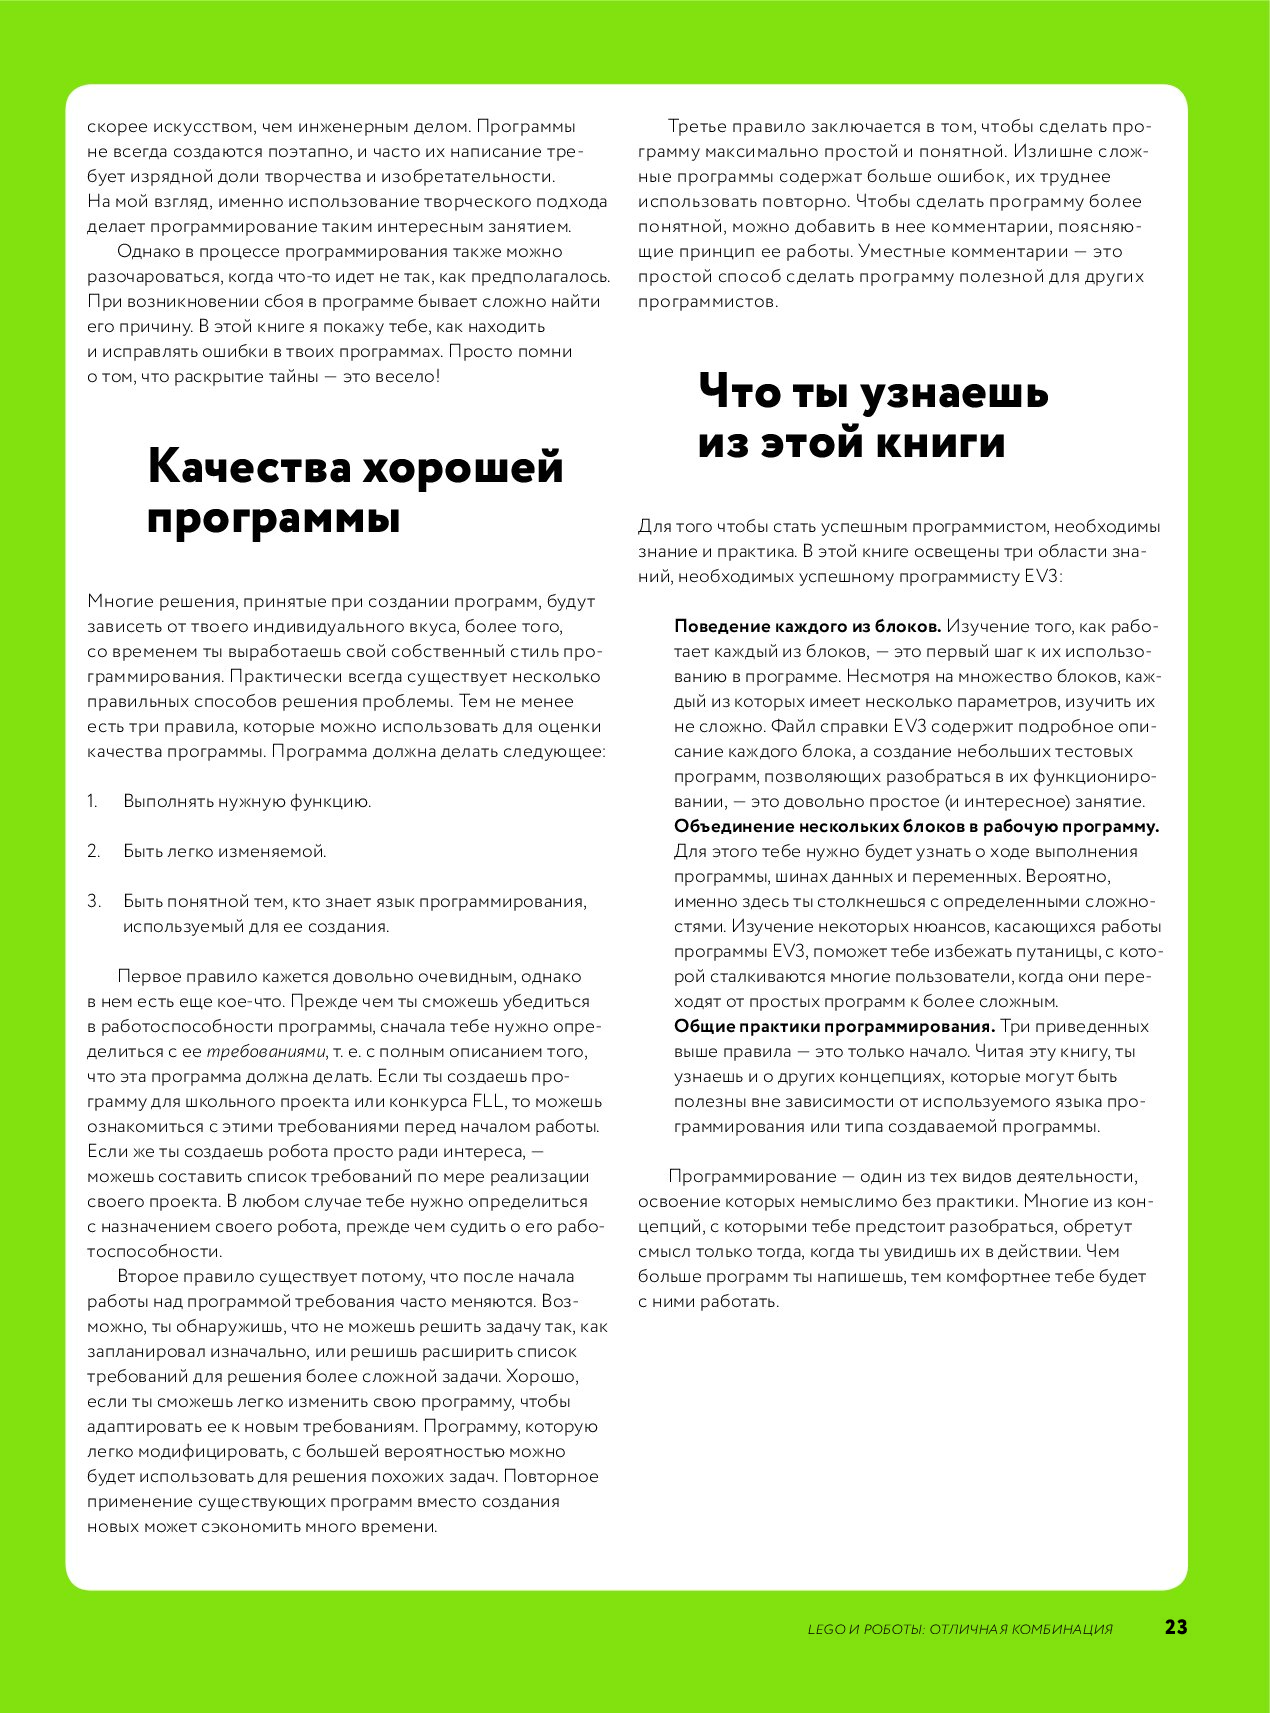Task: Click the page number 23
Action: [x=1176, y=1627]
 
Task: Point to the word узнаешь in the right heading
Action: [x=954, y=391]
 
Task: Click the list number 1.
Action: [x=92, y=801]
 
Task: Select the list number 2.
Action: [x=93, y=851]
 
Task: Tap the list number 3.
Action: [x=93, y=901]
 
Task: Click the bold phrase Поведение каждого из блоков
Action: [x=807, y=626]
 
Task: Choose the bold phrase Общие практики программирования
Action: [x=834, y=1026]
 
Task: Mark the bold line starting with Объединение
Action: [x=916, y=826]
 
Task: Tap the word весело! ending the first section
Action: [x=407, y=376]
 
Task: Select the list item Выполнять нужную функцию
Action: [x=247, y=801]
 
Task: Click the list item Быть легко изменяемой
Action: [x=224, y=851]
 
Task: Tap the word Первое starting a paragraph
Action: [x=151, y=976]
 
